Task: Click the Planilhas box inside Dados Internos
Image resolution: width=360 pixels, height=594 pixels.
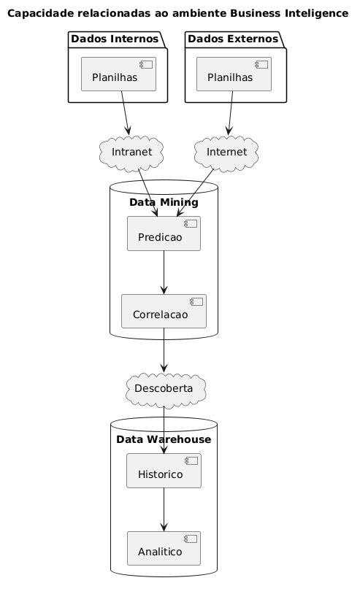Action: tap(118, 73)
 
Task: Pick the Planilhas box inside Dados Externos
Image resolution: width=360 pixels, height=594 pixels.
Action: tap(234, 73)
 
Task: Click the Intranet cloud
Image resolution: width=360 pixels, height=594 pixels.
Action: tap(130, 152)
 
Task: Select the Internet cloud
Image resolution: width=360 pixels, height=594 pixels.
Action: tap(228, 152)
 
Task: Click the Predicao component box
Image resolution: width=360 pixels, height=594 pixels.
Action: tap(164, 234)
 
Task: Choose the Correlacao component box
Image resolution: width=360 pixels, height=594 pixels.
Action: tap(164, 312)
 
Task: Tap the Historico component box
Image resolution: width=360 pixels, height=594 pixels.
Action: tap(164, 471)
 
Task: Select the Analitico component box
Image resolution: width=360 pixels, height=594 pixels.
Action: tap(164, 549)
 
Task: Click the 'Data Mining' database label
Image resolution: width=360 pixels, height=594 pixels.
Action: tap(164, 202)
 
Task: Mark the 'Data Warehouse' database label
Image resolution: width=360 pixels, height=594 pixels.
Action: tap(164, 439)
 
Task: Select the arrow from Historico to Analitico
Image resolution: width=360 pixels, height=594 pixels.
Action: tap(164, 509)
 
